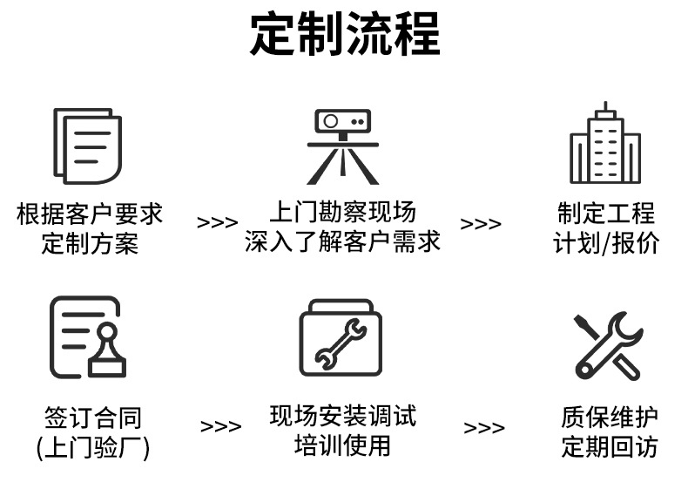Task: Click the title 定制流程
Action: click(x=345, y=35)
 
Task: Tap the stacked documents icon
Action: click(x=87, y=146)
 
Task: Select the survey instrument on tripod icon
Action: click(x=343, y=146)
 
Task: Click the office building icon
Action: click(x=605, y=144)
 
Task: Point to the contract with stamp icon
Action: click(x=87, y=336)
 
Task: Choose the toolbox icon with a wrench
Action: click(x=341, y=337)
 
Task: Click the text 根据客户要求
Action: click(x=90, y=214)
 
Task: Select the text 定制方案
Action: click(x=90, y=242)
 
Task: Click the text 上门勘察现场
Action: click(x=342, y=212)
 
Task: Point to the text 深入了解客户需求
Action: click(x=342, y=241)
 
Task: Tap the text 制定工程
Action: click(x=606, y=214)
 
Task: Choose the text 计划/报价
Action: click(x=606, y=242)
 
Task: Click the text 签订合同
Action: click(x=93, y=418)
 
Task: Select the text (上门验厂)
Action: click(x=93, y=448)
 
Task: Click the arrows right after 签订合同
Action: click(x=221, y=427)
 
